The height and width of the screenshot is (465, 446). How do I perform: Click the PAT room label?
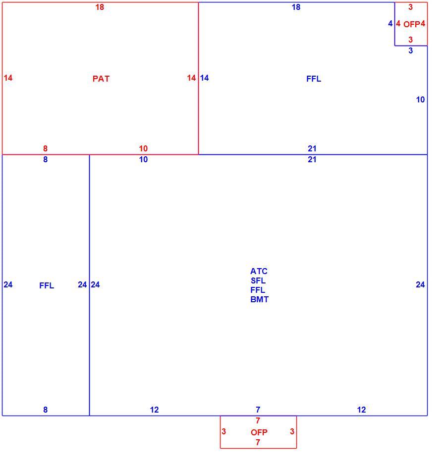101,79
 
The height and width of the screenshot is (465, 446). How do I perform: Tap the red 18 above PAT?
100,7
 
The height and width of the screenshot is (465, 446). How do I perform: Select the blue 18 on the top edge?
296,7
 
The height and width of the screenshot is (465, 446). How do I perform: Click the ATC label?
259,271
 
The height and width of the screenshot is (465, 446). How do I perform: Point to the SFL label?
258,280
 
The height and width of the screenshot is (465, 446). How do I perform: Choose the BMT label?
259,299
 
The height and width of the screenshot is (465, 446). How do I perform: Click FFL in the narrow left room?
47,285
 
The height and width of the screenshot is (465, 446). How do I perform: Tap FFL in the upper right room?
314,79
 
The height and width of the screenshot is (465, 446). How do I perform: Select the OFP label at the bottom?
259,432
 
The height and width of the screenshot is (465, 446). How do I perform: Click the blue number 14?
205,78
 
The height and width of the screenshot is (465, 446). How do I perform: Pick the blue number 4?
390,23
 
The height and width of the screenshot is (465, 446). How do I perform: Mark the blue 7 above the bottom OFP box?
258,410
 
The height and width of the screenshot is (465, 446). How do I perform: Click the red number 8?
45,148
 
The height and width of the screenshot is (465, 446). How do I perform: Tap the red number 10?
143,148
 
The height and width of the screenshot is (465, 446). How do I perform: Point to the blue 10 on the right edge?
420,99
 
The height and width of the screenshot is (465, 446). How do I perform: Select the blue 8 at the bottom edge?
45,410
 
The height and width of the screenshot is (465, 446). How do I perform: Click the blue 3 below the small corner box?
411,50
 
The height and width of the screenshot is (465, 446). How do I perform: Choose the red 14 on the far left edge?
8,78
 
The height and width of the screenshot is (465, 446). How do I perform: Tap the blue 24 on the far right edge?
420,284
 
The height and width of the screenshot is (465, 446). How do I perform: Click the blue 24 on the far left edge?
8,284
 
